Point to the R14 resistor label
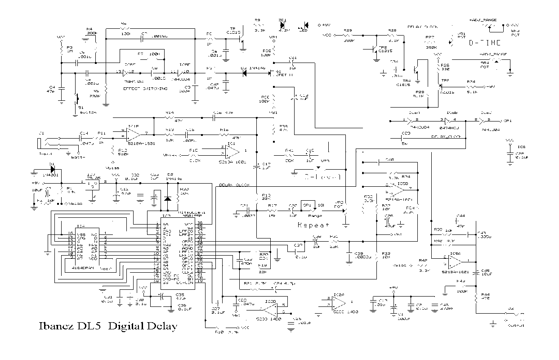(170, 112)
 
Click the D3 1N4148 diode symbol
(246, 72)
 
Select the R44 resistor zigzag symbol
(476, 299)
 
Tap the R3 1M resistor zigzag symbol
(62, 49)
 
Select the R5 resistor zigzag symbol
(106, 90)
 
